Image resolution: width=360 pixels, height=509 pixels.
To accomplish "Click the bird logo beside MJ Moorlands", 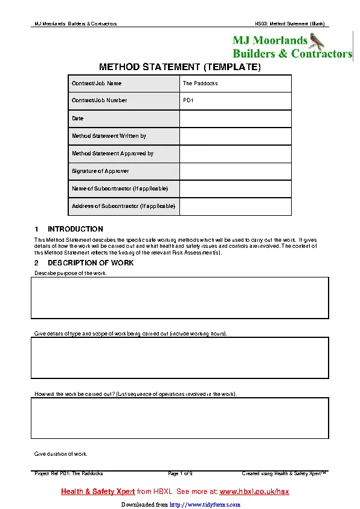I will click(317, 41).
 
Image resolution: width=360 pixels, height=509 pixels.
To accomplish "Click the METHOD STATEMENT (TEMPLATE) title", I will click(180, 66).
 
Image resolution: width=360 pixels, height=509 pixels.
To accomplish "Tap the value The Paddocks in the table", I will click(201, 83).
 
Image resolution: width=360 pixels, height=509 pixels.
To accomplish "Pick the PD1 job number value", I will click(188, 101).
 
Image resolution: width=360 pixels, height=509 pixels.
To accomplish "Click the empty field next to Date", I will click(236, 118).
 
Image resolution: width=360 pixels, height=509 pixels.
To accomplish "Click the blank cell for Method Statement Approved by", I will click(236, 154).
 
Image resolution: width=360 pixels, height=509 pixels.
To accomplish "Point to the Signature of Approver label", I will click(100, 171).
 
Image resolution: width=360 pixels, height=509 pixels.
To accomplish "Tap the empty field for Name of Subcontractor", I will click(236, 189).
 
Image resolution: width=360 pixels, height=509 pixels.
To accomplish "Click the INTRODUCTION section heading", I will click(75, 229).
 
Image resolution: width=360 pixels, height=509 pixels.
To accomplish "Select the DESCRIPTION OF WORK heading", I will click(91, 263).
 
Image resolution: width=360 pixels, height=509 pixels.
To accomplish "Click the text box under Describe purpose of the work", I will click(180, 298).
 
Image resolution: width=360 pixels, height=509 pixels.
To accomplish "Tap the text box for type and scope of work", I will click(180, 357).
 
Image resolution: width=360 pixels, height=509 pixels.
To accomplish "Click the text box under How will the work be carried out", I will click(180, 418).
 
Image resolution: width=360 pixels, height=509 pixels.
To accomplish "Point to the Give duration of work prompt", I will click(61, 453).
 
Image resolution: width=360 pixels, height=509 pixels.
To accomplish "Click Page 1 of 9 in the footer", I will click(180, 473).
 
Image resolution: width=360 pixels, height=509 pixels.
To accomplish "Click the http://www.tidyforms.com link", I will click(204, 504).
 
